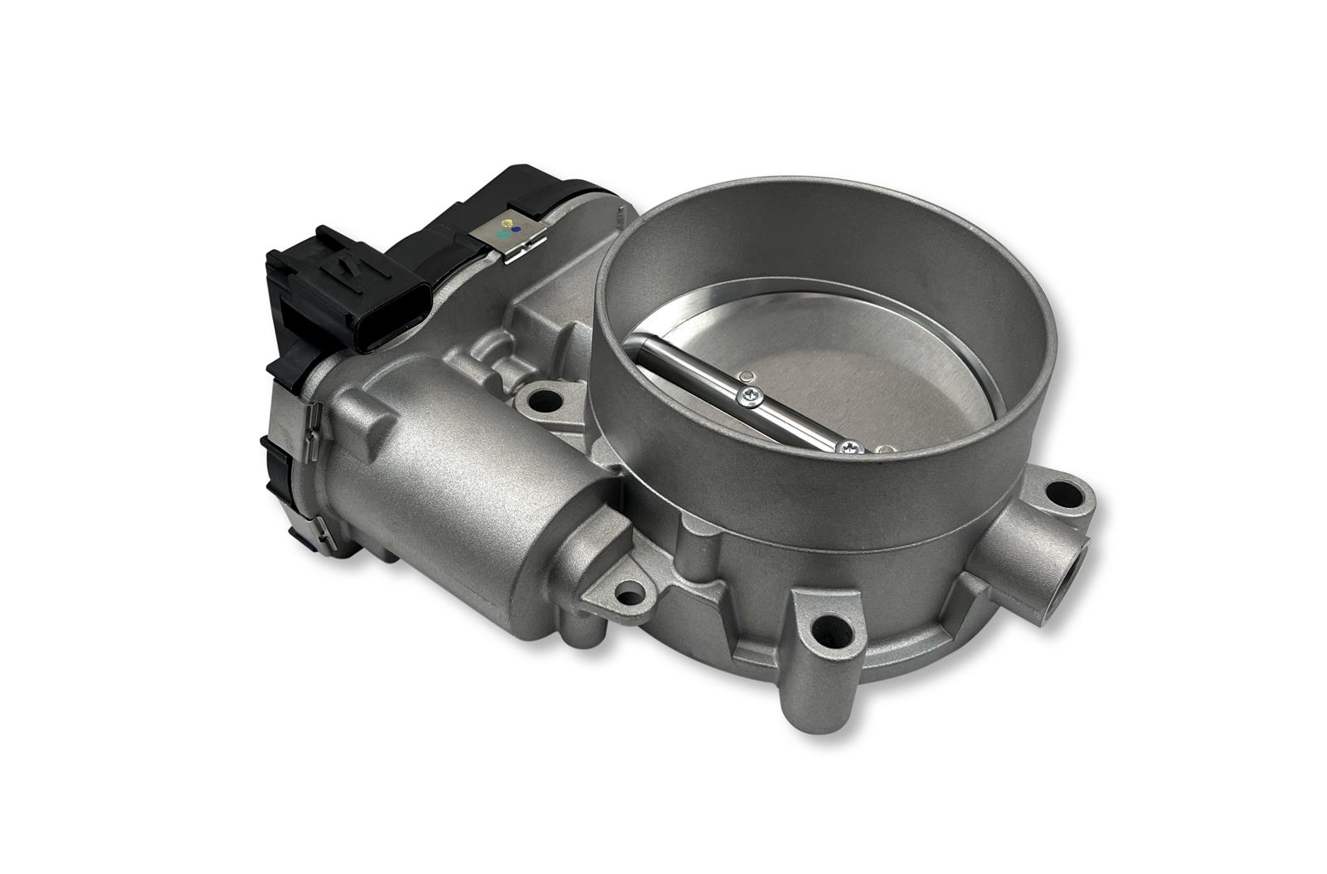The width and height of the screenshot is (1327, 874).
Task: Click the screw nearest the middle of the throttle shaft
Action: (x=751, y=398)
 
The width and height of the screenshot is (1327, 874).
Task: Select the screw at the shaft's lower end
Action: (x=848, y=448)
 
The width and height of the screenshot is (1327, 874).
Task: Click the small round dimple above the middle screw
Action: (x=746, y=374)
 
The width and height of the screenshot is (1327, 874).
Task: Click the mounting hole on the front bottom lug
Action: (x=830, y=629)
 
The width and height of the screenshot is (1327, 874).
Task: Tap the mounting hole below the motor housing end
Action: (x=630, y=593)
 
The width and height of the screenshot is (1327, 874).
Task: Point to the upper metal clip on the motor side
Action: (x=313, y=423)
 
